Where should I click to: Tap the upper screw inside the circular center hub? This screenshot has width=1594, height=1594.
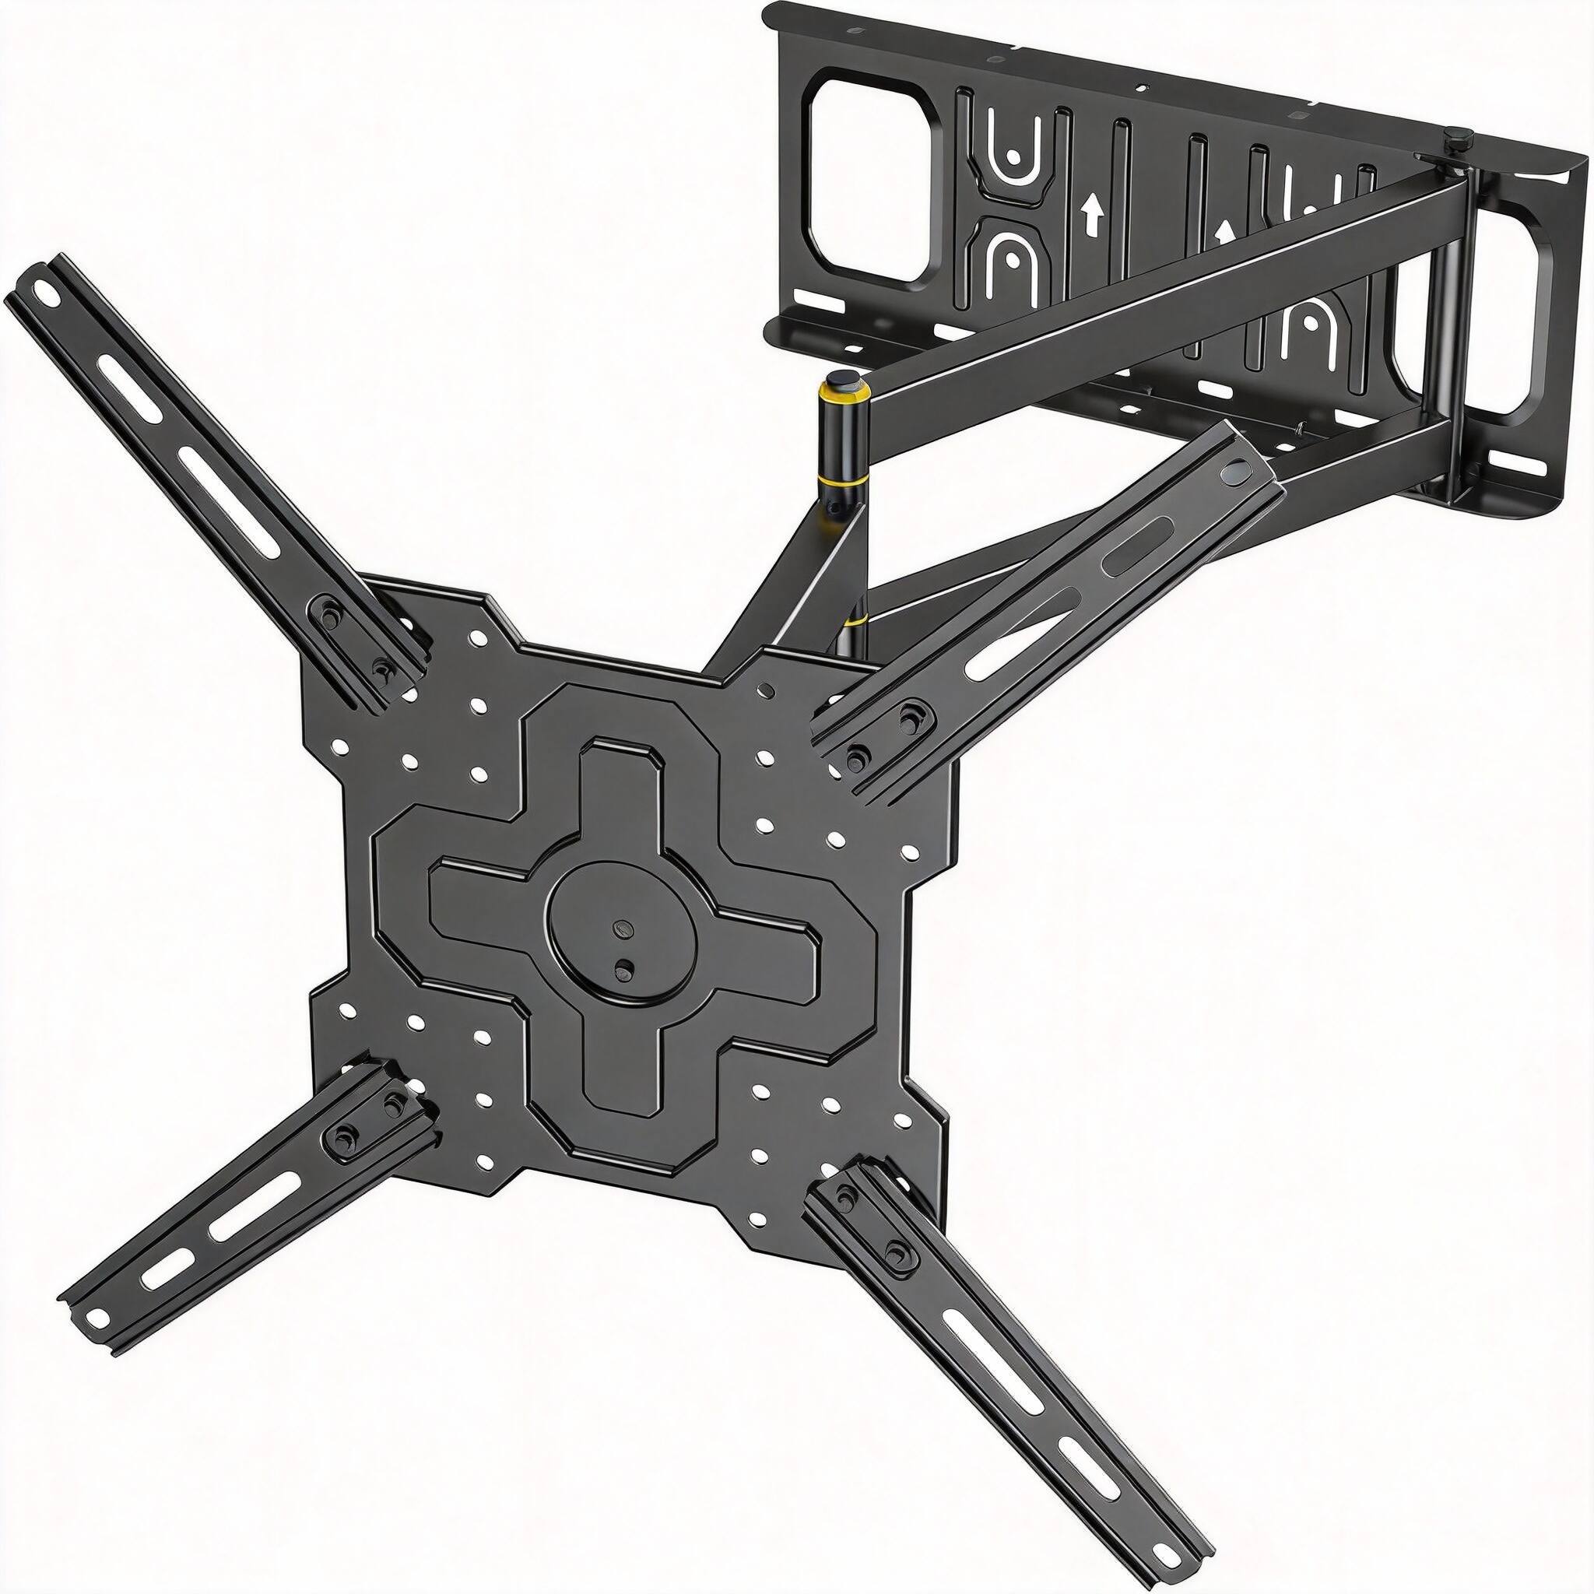pyautogui.click(x=622, y=927)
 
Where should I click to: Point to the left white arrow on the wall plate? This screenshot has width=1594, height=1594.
pyautogui.click(x=1094, y=217)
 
